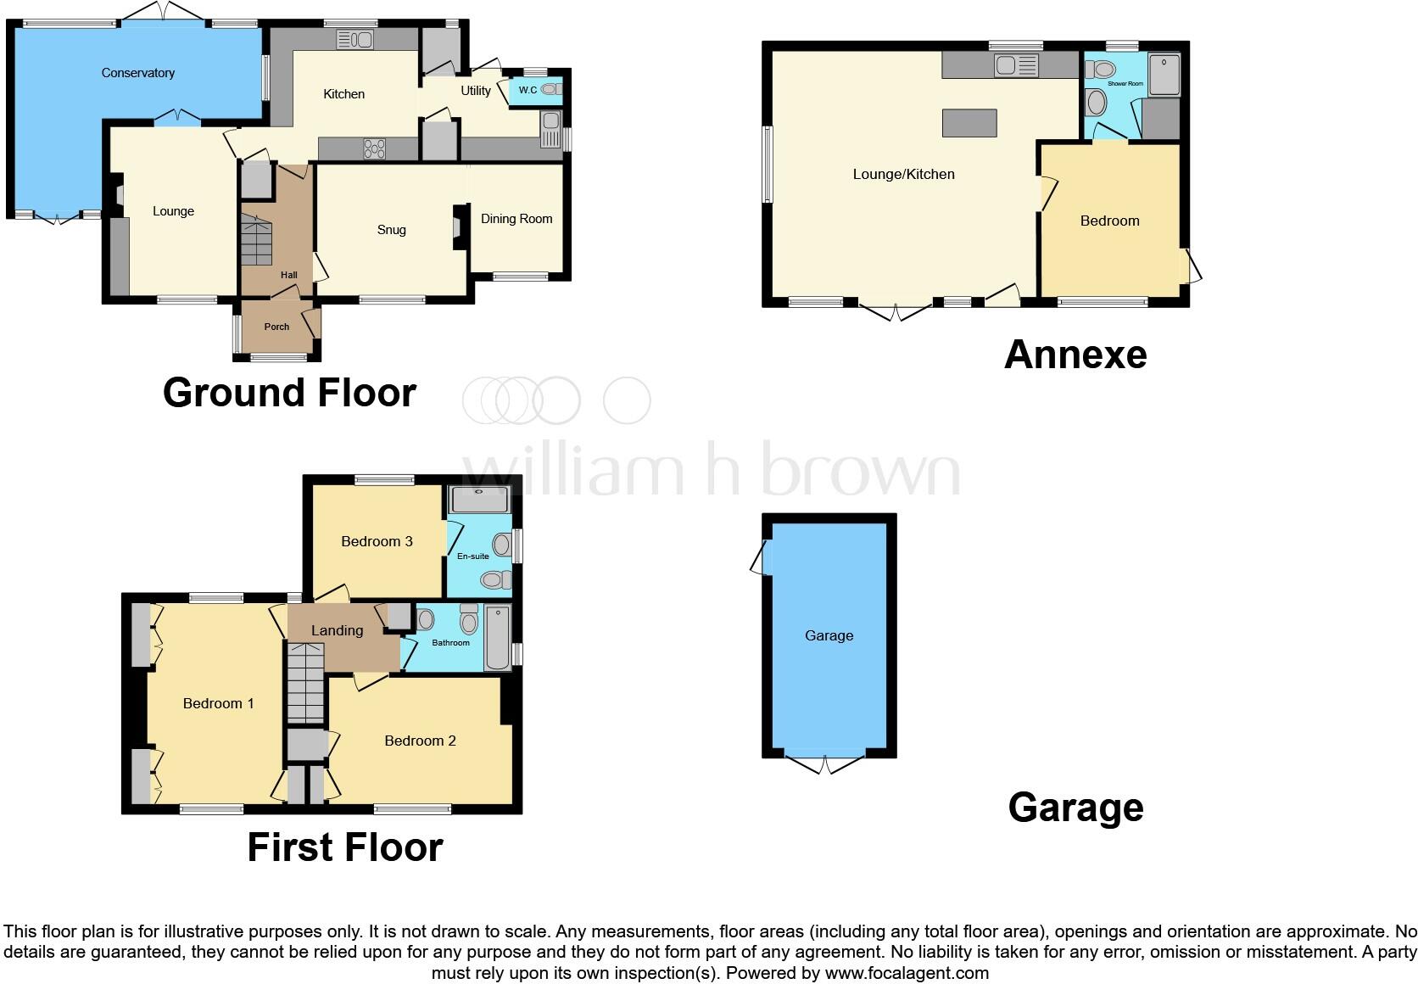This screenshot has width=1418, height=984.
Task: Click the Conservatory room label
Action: point(137,73)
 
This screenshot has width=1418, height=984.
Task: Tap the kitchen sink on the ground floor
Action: point(355,39)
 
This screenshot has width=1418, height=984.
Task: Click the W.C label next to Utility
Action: point(528,90)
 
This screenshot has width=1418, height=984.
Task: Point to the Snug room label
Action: point(391,230)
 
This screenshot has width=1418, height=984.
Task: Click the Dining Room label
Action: point(516,219)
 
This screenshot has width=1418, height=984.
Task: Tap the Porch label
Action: point(276,327)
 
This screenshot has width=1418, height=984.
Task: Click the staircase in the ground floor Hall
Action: point(257,240)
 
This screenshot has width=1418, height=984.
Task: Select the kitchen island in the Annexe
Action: point(969,123)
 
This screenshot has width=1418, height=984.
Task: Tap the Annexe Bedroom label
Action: point(1109,221)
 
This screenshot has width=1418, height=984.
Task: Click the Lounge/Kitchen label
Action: point(903,174)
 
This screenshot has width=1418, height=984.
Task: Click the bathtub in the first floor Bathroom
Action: point(498,640)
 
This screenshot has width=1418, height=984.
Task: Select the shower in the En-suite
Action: point(480,499)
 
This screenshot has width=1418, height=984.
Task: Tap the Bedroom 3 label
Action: point(377,541)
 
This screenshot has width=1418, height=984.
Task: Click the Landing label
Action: point(337,630)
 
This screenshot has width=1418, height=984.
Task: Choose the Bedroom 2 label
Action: point(420,741)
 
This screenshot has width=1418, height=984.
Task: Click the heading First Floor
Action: point(344,847)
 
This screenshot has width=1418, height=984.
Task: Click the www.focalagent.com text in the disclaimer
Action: point(907,973)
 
